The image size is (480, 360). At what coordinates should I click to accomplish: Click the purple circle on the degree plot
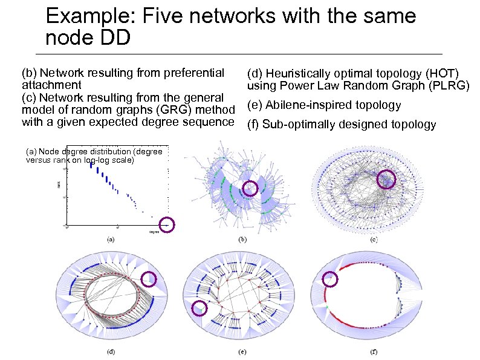point(167,224)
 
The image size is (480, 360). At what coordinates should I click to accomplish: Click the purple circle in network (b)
point(250,189)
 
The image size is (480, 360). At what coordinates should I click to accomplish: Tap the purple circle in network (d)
point(149,278)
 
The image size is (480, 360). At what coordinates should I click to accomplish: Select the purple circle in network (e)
point(199,309)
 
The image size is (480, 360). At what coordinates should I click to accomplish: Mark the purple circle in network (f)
point(330,278)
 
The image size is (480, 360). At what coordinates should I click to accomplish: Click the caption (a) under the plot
point(111,239)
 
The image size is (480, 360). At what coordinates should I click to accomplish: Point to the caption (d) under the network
point(111,352)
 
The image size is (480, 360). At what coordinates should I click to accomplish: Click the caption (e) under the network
point(242,352)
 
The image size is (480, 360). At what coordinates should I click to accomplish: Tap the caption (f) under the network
point(373,352)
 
